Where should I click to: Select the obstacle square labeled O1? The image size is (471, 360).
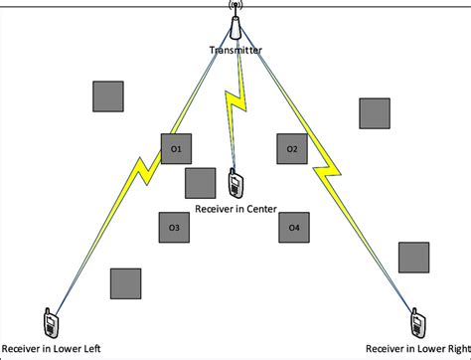(175, 149)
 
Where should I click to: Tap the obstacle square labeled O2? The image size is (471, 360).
(292, 149)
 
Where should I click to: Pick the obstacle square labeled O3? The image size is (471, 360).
(174, 228)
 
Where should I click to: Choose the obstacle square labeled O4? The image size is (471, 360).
(293, 228)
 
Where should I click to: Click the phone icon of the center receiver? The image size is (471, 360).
(235, 184)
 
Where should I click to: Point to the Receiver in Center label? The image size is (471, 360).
(236, 210)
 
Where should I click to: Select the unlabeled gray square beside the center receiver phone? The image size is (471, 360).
(200, 183)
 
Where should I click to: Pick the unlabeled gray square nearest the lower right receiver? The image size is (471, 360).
(413, 257)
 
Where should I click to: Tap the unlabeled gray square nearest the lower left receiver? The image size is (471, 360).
(125, 283)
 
